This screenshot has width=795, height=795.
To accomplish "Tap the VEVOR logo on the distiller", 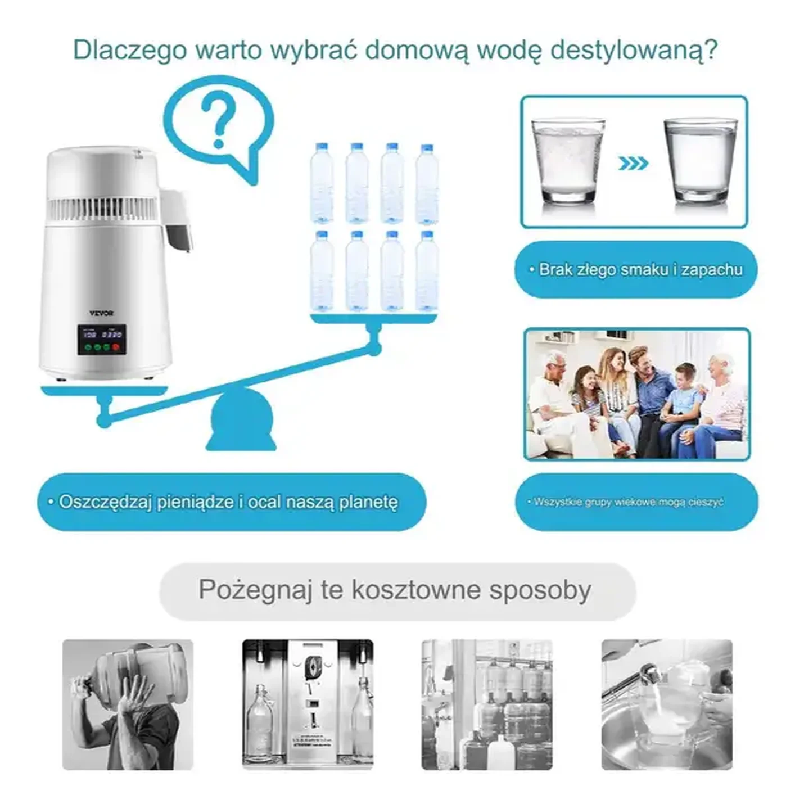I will [x=101, y=313].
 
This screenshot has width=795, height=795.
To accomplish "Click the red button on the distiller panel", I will [x=116, y=347].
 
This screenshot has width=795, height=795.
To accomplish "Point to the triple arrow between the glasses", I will [x=633, y=164].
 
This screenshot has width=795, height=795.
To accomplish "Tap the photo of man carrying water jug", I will [x=128, y=704].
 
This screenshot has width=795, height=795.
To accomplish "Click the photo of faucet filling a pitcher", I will [x=667, y=704].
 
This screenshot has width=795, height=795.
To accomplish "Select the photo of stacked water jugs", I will [x=487, y=704].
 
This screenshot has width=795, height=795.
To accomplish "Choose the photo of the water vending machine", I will [x=308, y=704].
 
